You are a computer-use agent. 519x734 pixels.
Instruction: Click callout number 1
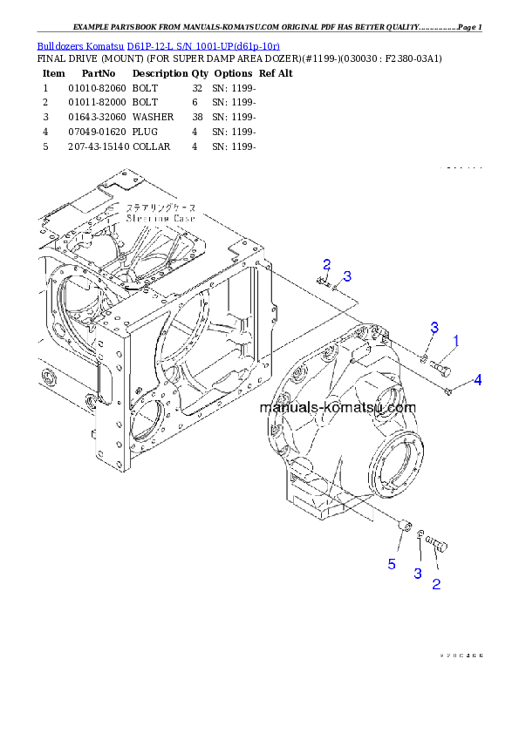[x=455, y=340]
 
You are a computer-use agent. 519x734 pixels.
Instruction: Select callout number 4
[x=477, y=380]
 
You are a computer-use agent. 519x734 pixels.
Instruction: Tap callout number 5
[x=392, y=564]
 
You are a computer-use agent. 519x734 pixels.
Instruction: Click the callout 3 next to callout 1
[x=434, y=327]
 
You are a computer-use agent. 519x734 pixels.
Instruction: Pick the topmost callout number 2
[x=326, y=264]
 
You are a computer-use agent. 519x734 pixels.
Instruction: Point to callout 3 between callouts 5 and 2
[x=418, y=573]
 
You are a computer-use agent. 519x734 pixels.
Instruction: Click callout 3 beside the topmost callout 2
[x=347, y=276]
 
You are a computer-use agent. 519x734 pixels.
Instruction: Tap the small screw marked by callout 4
[x=450, y=391]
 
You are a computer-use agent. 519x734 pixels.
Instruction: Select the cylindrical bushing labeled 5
[x=403, y=525]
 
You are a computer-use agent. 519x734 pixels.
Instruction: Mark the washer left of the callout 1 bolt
[x=422, y=357]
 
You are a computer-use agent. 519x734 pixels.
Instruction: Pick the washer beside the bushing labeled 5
[x=420, y=534]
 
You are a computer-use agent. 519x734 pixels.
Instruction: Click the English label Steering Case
[x=161, y=220]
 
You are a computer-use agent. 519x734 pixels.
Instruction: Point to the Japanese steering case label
[x=161, y=208]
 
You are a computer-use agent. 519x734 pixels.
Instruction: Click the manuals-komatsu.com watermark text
[x=338, y=407]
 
